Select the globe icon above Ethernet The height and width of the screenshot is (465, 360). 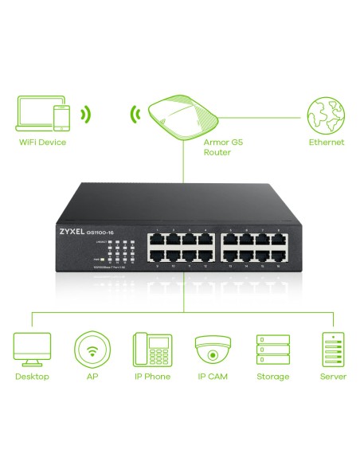(x=327, y=115)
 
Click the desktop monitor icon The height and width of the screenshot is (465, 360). (x=32, y=348)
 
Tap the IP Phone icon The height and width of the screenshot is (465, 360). (x=151, y=349)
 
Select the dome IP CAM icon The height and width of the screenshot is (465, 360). (x=212, y=349)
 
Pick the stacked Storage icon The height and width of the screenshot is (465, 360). (x=272, y=349)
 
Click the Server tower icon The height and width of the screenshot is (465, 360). (x=333, y=349)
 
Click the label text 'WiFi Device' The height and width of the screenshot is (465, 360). (x=41, y=143)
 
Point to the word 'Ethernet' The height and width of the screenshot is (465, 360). (x=327, y=143)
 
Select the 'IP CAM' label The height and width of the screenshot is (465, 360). (x=213, y=377)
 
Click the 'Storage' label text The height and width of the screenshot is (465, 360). (x=272, y=377)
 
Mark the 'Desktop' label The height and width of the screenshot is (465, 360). (x=32, y=377)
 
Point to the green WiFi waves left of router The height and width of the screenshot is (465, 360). (x=135, y=115)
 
